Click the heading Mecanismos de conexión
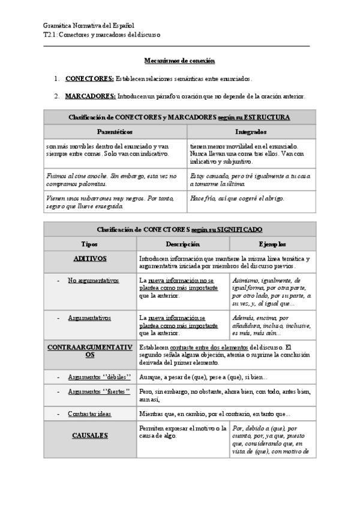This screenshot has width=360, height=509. click(179, 61)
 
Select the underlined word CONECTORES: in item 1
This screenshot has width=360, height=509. click(89, 79)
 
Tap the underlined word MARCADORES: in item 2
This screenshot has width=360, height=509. click(90, 96)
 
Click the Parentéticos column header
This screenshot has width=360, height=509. click(115, 131)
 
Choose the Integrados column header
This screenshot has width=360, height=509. click(251, 131)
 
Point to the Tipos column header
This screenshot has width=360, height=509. click(90, 244)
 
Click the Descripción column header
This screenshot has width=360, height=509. click(183, 244)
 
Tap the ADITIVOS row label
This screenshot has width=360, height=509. click(90, 258)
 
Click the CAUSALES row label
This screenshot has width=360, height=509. click(90, 435)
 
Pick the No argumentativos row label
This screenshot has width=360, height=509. click(93, 280)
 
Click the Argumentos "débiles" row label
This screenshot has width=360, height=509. click(99, 377)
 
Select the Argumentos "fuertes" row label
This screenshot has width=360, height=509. click(99, 392)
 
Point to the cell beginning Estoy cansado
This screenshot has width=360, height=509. click(250, 179)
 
